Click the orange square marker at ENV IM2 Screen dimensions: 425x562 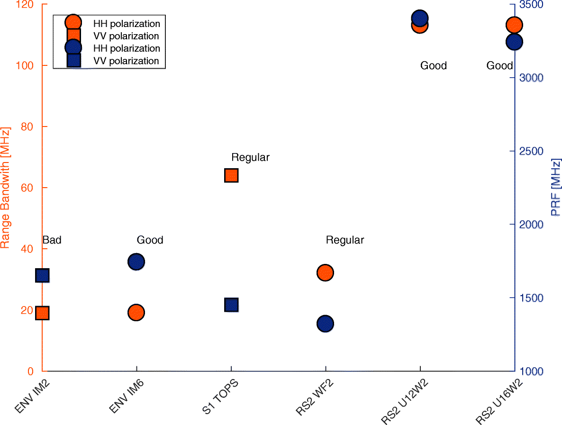pos(42,313)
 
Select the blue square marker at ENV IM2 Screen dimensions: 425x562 pos(42,276)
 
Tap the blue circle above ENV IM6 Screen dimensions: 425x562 pos(136,262)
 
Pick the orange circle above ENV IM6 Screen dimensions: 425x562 pos(136,312)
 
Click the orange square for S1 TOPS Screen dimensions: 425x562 pos(231,175)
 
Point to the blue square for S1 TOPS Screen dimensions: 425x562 pos(231,305)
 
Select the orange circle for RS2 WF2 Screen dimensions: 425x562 pos(325,272)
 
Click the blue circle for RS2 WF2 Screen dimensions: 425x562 pos(325,324)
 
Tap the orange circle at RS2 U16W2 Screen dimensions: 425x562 pos(514,25)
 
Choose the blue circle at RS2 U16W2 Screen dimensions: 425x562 pos(514,42)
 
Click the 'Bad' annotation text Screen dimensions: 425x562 pos(52,240)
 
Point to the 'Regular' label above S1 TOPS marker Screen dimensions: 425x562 pos(250,157)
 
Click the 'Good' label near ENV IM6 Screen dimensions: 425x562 pos(150,240)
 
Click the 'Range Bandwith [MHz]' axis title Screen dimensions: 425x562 pos(5,188)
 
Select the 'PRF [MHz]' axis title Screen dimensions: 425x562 pos(556,188)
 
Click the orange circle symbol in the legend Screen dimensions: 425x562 pos(73,22)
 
